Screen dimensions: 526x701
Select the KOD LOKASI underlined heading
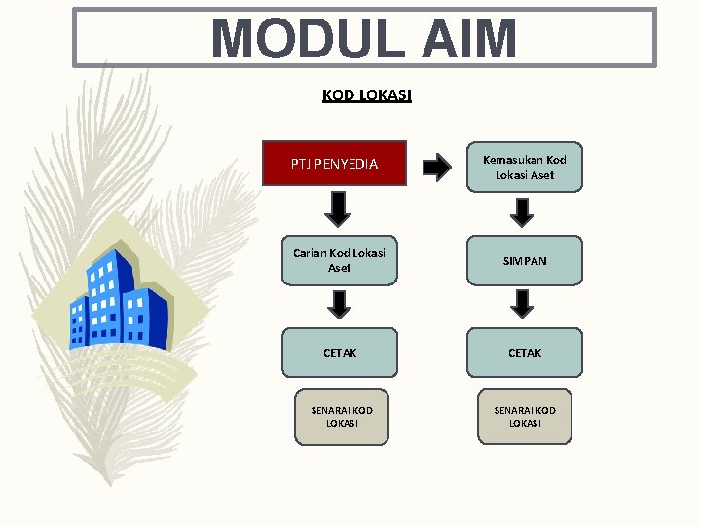[x=366, y=95]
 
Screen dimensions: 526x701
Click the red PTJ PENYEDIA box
[x=334, y=164]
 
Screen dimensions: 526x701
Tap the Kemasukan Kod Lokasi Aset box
[x=524, y=167]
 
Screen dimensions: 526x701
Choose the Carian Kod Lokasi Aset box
[x=340, y=259]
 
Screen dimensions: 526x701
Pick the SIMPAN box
[x=524, y=261]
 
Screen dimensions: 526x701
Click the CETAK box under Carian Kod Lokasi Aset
[x=340, y=352]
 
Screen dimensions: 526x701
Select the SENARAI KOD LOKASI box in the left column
[x=341, y=417]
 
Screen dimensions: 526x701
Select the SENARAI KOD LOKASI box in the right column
[x=525, y=417]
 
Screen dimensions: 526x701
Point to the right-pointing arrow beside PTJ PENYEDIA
[x=437, y=168]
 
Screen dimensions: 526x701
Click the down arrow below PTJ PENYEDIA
[x=338, y=208]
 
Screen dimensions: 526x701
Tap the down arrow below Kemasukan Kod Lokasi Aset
[x=523, y=211]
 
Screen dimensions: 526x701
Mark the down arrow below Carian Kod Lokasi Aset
[x=339, y=305]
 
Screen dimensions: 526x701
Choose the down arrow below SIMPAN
[x=523, y=304]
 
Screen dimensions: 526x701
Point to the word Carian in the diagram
[x=310, y=253]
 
